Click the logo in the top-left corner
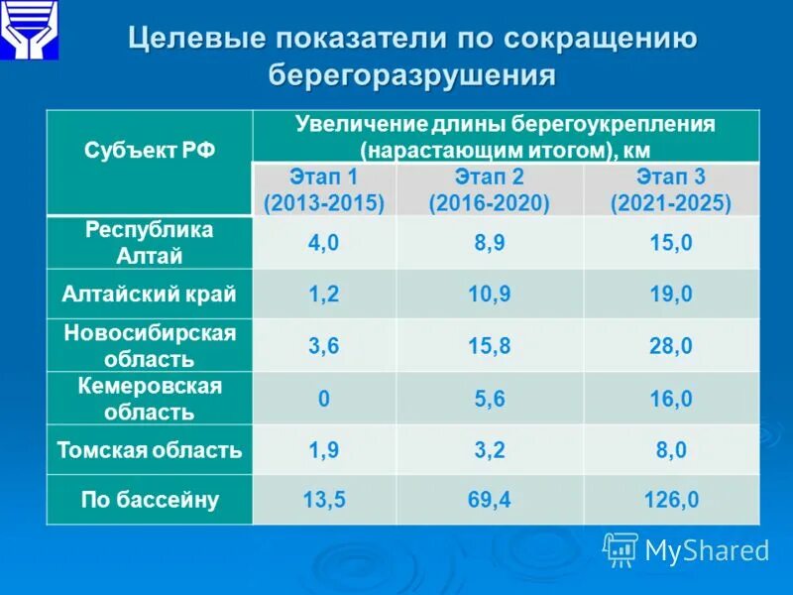pos(29,29)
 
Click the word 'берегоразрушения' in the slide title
pos(411,75)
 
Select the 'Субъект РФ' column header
pos(150,152)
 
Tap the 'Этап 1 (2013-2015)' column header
pos(324,190)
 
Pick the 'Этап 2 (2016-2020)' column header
pos(490,190)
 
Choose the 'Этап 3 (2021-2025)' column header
pos(671,190)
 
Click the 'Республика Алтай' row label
pos(150,242)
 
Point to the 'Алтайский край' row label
pos(150,294)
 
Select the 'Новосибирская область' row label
pos(150,345)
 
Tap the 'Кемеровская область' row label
pos(150,399)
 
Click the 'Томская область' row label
pos(150,450)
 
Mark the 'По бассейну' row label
pos(150,500)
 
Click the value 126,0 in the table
pos(671,500)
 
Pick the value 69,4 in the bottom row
pos(490,500)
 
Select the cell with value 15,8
pos(490,346)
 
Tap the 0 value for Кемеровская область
pos(324,400)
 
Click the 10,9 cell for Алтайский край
pos(490,295)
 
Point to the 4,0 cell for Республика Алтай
pos(324,243)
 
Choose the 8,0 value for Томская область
pos(671,450)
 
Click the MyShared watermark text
pos(706,550)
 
